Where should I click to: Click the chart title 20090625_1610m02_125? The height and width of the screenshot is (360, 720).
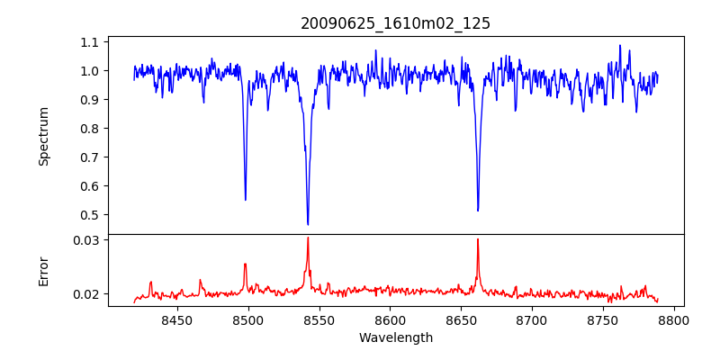(395, 23)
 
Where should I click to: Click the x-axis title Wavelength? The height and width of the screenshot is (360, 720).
(395, 338)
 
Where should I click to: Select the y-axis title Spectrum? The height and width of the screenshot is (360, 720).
(43, 136)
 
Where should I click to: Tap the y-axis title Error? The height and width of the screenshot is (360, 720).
(43, 271)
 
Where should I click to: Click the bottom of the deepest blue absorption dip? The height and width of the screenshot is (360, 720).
(308, 224)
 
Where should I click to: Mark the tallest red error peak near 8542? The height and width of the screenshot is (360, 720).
(308, 238)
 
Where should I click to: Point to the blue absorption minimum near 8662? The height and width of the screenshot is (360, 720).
(478, 211)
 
